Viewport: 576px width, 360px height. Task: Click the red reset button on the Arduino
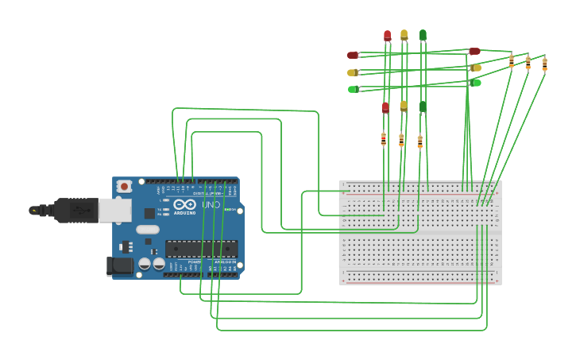click(123, 186)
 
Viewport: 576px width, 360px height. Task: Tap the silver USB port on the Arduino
click(114, 210)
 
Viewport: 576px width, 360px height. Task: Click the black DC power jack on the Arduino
click(120, 265)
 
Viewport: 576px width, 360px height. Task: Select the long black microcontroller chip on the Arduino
click(201, 248)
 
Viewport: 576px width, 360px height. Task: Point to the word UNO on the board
click(211, 205)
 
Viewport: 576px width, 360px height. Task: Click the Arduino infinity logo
click(184, 204)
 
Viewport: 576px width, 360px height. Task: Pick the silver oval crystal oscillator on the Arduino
click(148, 230)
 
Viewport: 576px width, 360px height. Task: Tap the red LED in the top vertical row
click(387, 36)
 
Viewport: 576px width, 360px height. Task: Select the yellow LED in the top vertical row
click(404, 35)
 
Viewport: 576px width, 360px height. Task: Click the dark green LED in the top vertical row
click(423, 35)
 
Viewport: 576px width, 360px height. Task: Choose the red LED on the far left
click(353, 55)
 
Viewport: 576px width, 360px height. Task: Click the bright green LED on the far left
click(353, 89)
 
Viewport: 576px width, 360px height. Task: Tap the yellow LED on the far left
click(353, 72)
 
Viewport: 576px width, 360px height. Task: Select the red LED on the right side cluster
click(474, 52)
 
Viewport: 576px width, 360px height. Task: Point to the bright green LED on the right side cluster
click(475, 83)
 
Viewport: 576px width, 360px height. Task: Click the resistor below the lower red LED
click(383, 139)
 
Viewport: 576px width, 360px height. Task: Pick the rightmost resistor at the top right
click(544, 64)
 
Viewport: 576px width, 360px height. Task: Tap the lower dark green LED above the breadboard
click(423, 106)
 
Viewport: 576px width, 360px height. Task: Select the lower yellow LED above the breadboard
click(404, 106)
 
